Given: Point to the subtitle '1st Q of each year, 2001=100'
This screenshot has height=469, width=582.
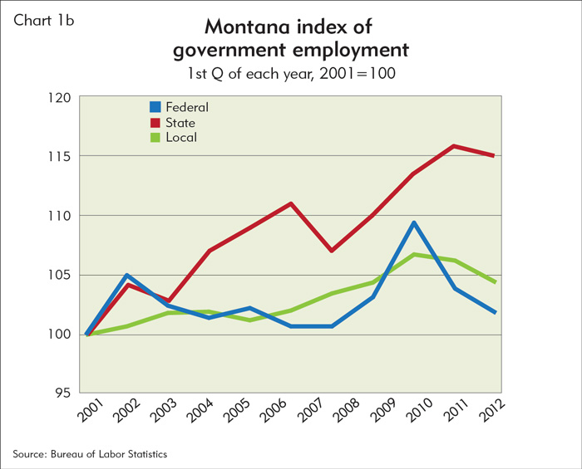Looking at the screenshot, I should (290, 74).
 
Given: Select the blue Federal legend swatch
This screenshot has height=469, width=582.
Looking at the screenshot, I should (155, 107).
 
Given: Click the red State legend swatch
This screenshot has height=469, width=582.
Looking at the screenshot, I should (155, 122).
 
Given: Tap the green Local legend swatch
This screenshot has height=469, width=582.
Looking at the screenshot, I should (155, 137).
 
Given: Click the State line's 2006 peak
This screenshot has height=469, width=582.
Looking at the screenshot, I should (290, 203).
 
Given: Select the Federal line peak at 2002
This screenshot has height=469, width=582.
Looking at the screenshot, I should (126, 275).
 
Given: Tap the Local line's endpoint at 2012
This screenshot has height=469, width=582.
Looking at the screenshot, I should (496, 282).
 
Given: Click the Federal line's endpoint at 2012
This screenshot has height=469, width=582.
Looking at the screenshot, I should (496, 312).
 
